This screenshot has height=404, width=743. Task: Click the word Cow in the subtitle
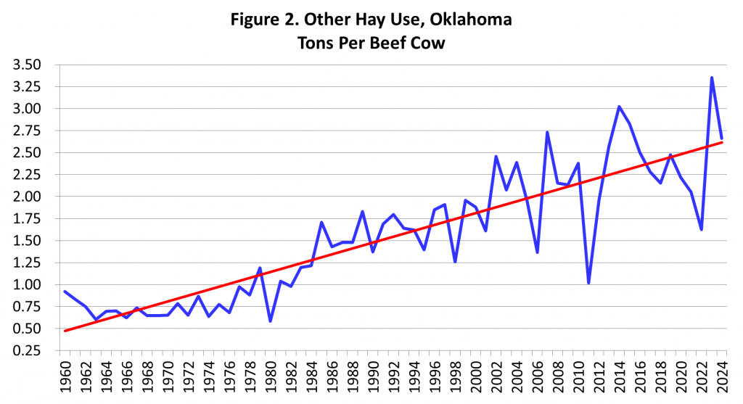[426, 43]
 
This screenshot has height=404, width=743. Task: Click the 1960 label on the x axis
[66, 379]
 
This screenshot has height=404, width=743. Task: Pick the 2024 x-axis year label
[722, 379]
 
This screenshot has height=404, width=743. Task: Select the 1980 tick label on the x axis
[271, 379]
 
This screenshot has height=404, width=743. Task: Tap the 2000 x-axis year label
[476, 379]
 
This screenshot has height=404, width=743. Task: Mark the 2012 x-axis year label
[599, 379]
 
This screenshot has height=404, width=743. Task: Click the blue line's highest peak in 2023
[712, 78]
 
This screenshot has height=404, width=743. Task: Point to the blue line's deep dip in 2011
[588, 283]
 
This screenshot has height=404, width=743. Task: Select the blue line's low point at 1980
[271, 321]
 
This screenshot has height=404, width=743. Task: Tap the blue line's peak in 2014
[619, 107]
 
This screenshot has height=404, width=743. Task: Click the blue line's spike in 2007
[547, 132]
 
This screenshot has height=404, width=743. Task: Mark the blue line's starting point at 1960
[65, 292]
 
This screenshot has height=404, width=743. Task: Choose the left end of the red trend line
[65, 331]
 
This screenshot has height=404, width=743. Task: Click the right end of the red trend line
[722, 142]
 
